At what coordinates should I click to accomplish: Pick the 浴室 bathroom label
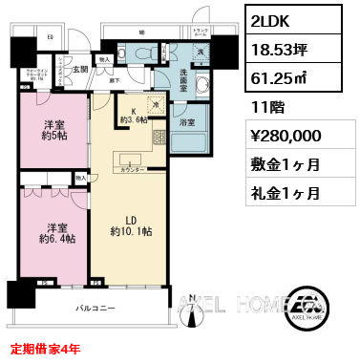186,121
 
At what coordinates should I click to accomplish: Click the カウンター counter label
134,168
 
